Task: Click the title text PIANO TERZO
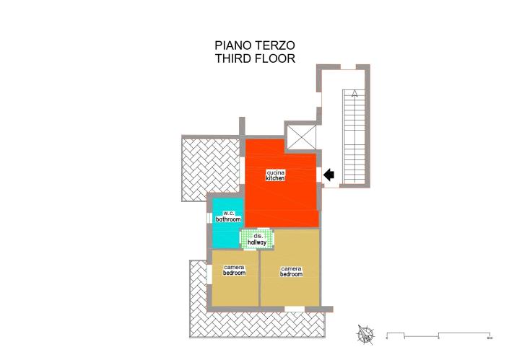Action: coord(254,45)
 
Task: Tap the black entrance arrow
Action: coord(330,174)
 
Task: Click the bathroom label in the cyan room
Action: coord(227,219)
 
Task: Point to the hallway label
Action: coord(257,243)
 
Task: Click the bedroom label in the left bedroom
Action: coord(234,273)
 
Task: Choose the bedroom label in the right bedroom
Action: coord(291,274)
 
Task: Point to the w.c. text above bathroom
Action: coord(227,213)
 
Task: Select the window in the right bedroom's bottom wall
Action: coord(294,309)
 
